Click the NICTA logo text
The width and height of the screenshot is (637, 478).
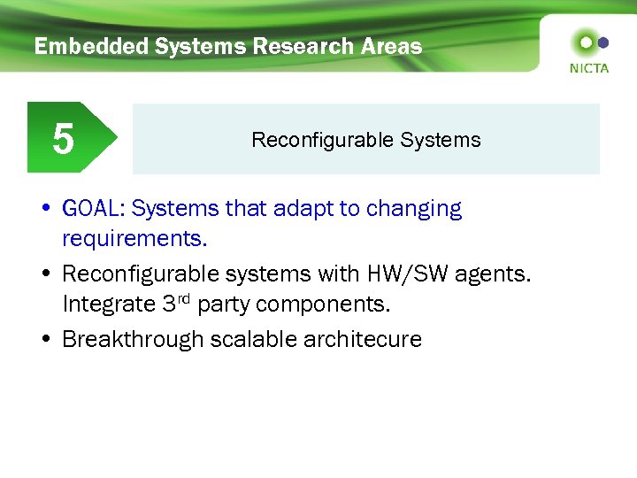(x=589, y=67)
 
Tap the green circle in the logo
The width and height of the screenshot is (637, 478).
(x=584, y=42)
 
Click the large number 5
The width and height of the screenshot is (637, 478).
(x=63, y=139)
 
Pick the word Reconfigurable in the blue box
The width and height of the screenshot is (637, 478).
(x=323, y=140)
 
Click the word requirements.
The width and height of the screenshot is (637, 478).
(x=134, y=239)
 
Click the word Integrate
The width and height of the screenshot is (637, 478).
(x=110, y=305)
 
